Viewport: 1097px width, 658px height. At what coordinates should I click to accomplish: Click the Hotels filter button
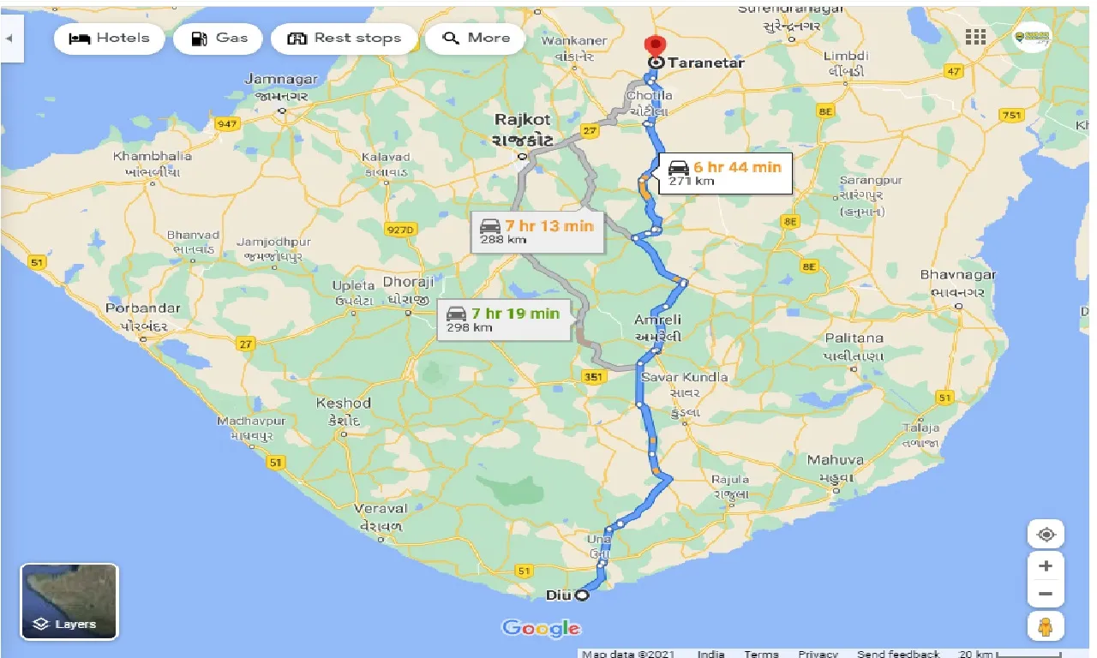click(108, 39)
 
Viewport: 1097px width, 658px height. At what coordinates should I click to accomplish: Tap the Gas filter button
click(219, 39)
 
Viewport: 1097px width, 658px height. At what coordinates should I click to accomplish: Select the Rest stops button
click(345, 39)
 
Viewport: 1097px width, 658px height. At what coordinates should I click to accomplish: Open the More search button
click(476, 39)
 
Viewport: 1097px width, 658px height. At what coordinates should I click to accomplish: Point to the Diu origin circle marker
click(582, 595)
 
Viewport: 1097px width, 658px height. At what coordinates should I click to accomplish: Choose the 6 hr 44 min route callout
click(725, 172)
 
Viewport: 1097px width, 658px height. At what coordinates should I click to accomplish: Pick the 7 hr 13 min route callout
click(537, 231)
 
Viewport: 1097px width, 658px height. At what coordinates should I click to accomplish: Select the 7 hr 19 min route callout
click(503, 319)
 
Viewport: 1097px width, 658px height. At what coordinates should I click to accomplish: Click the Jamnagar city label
click(281, 80)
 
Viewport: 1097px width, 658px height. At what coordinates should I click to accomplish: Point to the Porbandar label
click(143, 308)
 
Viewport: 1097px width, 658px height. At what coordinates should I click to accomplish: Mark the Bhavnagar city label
click(958, 275)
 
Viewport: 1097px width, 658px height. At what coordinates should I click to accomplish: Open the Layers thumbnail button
click(69, 601)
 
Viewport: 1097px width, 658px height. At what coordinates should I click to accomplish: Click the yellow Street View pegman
click(1046, 626)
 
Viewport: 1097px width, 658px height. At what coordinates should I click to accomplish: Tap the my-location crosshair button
click(1046, 535)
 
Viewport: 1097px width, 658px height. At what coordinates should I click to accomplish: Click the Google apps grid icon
click(975, 37)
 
